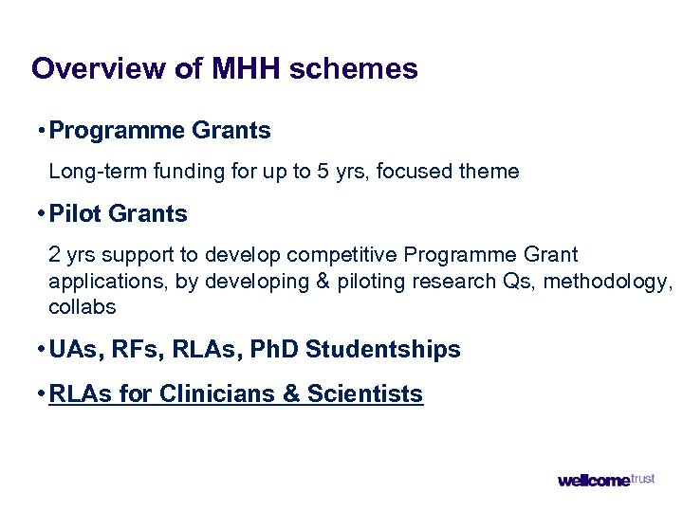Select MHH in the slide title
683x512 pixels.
[x=247, y=69]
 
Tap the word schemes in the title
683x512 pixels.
[x=353, y=69]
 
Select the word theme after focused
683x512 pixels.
[x=487, y=172]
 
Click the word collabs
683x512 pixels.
[x=82, y=307]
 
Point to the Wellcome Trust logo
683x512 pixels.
[x=605, y=480]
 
